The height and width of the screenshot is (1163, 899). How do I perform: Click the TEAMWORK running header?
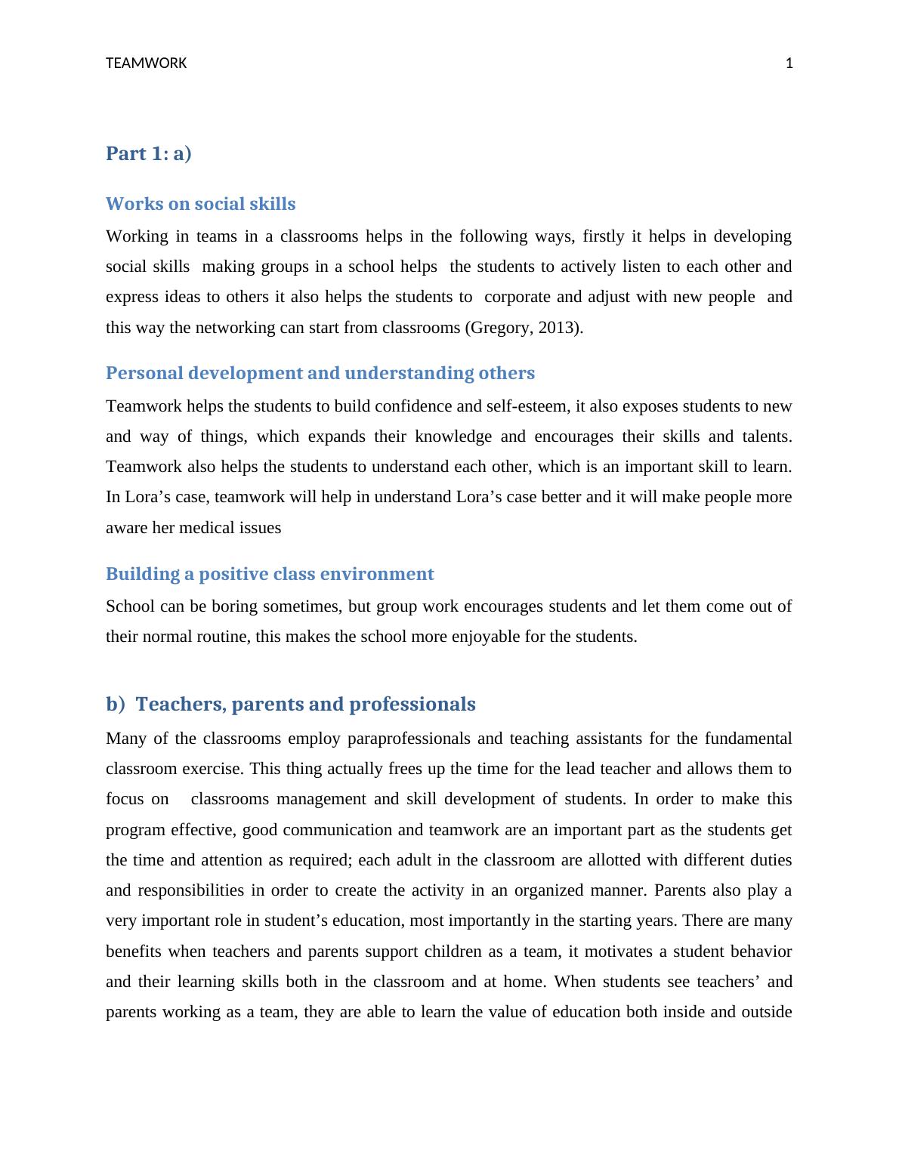146,63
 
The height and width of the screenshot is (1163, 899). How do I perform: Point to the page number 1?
789,63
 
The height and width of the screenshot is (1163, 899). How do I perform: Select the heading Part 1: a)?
149,153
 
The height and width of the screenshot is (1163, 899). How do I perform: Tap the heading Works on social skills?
200,204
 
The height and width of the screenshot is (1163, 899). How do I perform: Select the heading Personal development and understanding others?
320,373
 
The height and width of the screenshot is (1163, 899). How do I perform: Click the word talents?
765,437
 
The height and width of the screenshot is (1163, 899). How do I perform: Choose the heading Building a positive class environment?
270,574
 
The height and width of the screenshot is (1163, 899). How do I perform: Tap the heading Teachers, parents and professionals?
305,704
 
